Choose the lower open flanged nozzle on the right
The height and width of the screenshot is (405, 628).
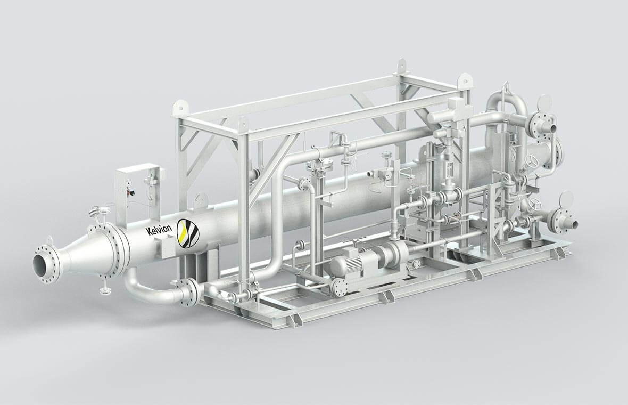[x=562, y=219]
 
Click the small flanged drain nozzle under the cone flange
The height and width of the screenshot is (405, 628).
[x=105, y=289]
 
